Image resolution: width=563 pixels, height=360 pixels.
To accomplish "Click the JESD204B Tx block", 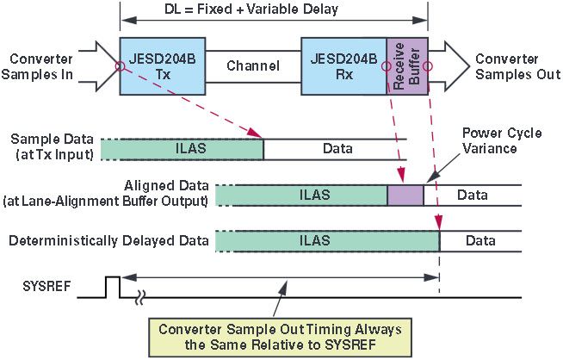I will (159, 65).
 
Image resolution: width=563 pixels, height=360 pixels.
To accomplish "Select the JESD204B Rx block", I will (343, 65).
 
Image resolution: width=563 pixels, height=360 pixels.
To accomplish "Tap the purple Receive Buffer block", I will (406, 66).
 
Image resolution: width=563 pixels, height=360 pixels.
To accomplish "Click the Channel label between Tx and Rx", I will (252, 66).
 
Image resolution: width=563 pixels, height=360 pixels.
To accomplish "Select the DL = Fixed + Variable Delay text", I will (274, 10).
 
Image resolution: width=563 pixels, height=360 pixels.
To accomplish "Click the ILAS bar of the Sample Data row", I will (182, 149).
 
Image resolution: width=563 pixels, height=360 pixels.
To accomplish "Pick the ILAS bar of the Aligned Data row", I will (301, 196).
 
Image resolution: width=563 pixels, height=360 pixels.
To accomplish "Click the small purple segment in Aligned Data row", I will (405, 196).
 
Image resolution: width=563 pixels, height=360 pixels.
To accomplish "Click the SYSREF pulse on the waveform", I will (112, 286).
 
